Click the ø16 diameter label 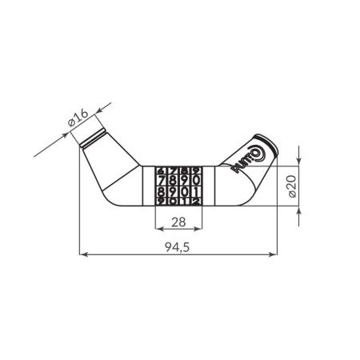point(78,118)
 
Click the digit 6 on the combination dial point(174,200)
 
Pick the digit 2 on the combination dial point(196,200)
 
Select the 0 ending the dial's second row point(196,180)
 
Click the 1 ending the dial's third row point(196,190)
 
